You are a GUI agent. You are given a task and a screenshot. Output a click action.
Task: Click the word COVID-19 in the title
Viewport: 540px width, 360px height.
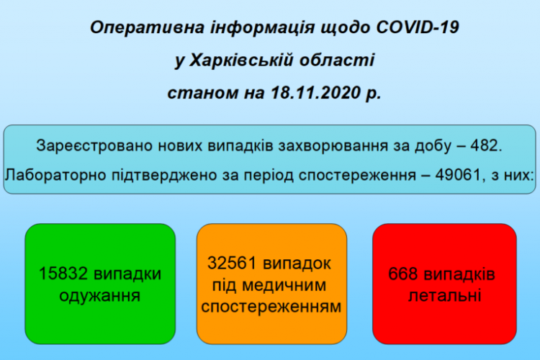[x=418, y=27]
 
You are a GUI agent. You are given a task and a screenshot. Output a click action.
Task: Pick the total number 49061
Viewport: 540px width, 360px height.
[x=458, y=175]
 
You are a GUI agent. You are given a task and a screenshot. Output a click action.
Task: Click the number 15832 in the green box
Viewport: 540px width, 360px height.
[x=63, y=274]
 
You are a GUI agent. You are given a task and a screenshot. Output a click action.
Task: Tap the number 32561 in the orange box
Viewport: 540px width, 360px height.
[x=232, y=264]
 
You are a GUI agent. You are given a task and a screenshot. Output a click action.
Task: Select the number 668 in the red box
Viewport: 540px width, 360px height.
[x=403, y=274]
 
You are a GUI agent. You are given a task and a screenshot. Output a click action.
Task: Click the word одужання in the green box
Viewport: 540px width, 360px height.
[x=100, y=296]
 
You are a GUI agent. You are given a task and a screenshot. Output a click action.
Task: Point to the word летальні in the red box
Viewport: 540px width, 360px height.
[x=445, y=296]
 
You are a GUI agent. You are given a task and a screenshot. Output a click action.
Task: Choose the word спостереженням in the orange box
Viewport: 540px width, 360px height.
[x=271, y=307]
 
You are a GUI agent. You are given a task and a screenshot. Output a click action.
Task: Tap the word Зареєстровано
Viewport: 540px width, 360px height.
[x=94, y=145]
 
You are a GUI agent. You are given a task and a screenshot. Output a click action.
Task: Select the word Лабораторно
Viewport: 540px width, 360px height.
[x=55, y=175]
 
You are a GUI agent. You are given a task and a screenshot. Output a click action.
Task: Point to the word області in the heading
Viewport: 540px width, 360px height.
[x=336, y=60]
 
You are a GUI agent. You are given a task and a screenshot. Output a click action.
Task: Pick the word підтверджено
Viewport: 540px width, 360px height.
[x=165, y=176]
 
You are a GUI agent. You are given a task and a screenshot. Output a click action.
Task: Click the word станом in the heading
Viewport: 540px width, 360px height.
[x=202, y=93]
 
